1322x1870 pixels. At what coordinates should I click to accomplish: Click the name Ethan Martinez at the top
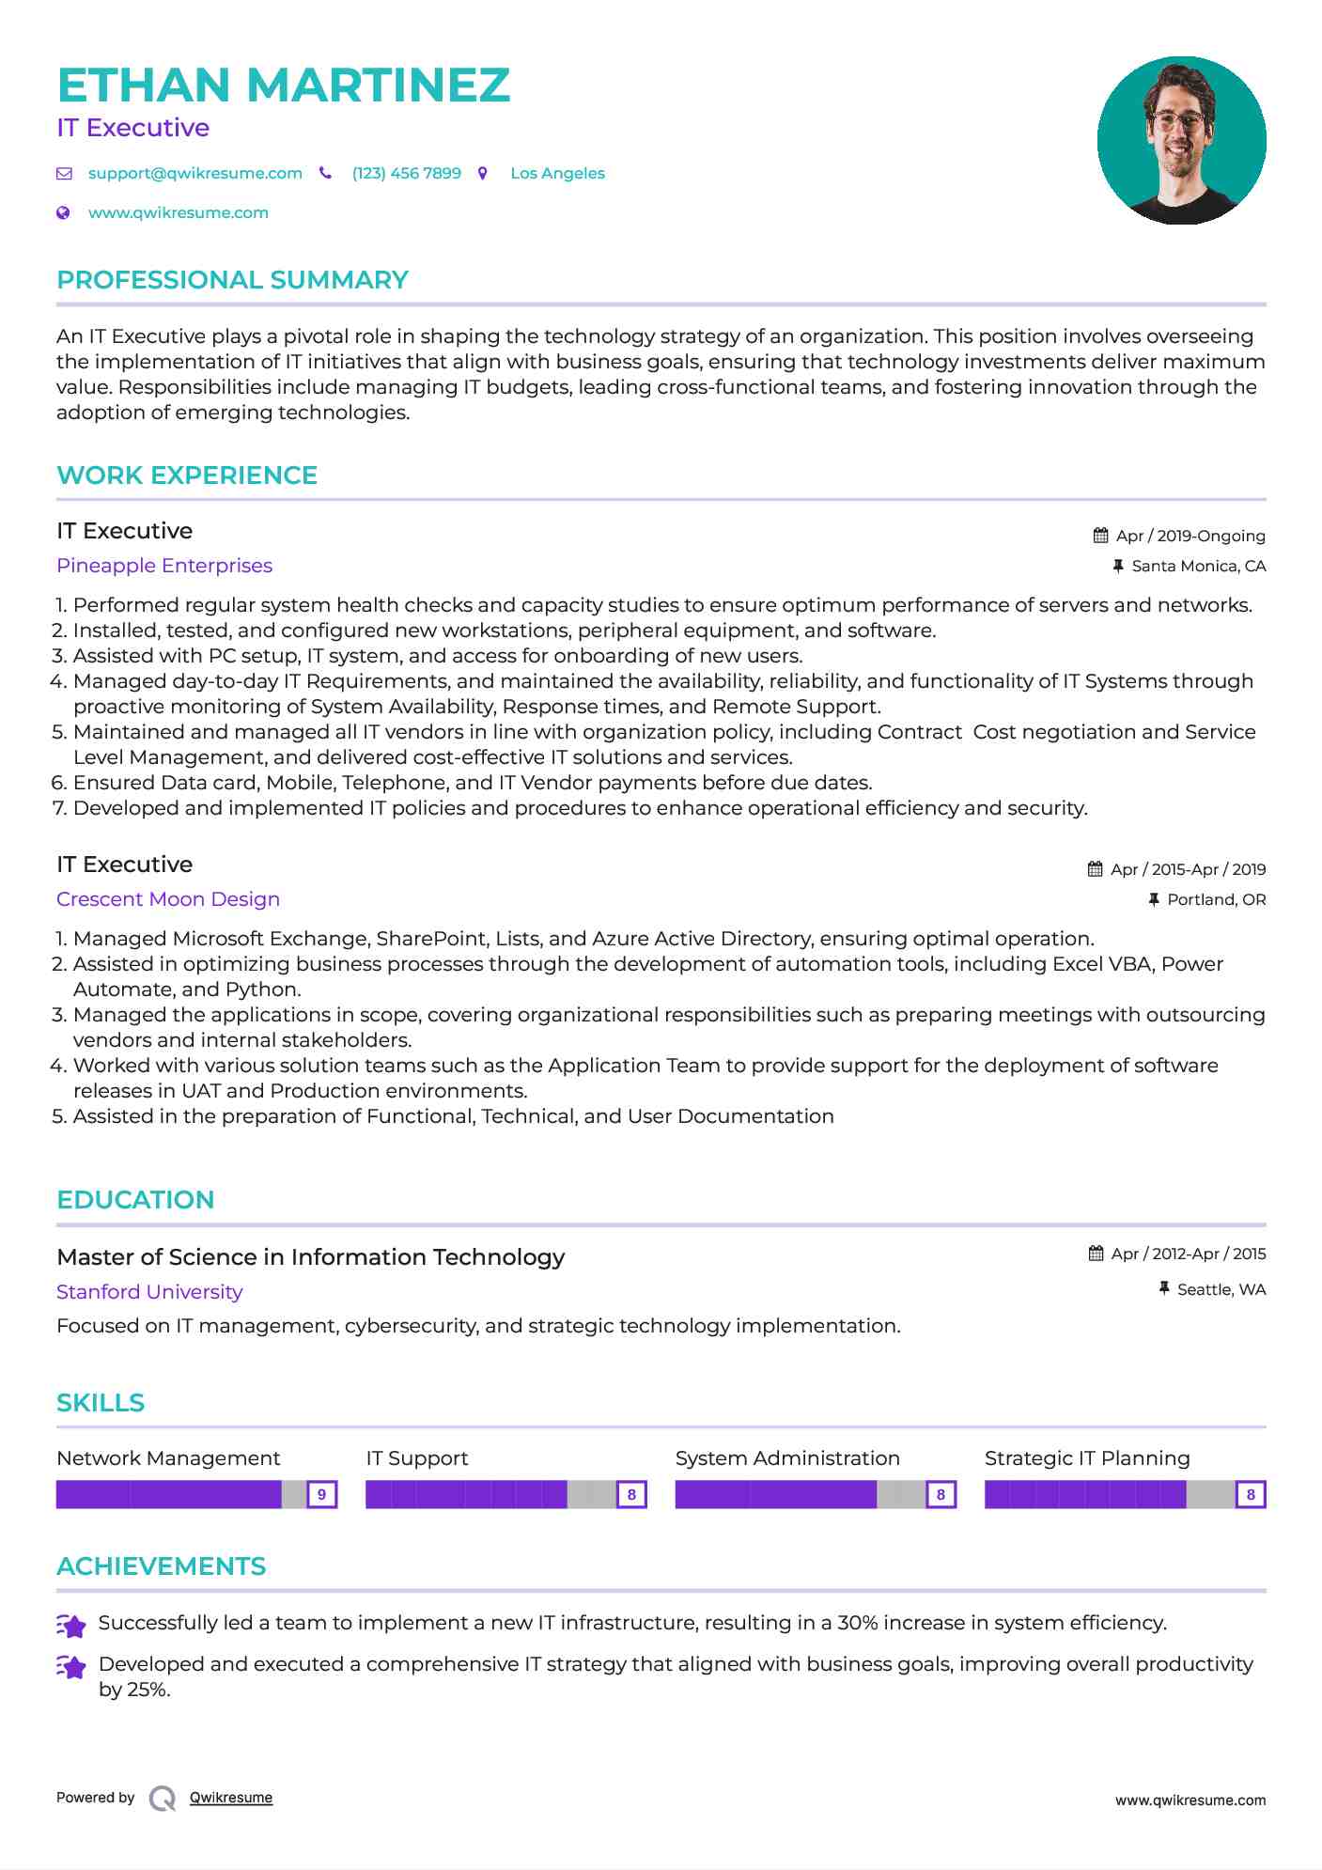283,86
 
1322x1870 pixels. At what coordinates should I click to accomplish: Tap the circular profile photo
1181,140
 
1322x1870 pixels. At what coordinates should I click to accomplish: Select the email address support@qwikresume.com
194,174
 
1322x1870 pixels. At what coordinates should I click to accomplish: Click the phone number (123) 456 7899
406,174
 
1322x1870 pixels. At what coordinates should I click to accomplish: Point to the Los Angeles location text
557,174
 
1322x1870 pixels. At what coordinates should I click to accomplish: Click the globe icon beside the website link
64,213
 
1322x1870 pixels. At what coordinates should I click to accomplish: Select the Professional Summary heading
232,280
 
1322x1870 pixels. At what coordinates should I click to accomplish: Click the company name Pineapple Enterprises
164,566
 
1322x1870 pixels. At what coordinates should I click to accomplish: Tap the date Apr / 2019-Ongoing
1190,536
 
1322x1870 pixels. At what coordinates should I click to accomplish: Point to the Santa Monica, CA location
1198,566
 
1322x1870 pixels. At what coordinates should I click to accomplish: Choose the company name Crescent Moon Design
168,899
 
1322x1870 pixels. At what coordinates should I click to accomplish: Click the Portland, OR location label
1216,899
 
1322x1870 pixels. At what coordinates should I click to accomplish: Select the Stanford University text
149,1292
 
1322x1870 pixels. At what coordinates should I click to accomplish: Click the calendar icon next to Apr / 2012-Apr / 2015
1096,1254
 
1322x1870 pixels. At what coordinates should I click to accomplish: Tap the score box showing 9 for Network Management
321,1494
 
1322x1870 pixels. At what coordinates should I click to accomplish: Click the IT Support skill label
416,1458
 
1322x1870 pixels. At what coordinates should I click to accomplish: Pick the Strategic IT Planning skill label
1086,1458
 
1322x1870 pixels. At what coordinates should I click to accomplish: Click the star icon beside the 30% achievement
71,1625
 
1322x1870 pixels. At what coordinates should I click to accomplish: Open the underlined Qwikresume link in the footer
231,1798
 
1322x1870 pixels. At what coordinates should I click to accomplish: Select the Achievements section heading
161,1566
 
